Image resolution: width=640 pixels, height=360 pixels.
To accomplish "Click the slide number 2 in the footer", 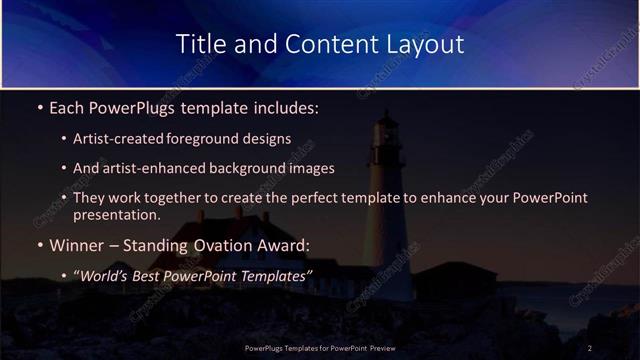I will (590, 347).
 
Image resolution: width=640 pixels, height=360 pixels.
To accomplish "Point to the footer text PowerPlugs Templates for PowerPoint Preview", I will (319, 347).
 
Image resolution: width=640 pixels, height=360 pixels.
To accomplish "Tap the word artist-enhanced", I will (141, 168).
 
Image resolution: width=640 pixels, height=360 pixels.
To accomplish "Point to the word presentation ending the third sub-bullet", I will (115, 214).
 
